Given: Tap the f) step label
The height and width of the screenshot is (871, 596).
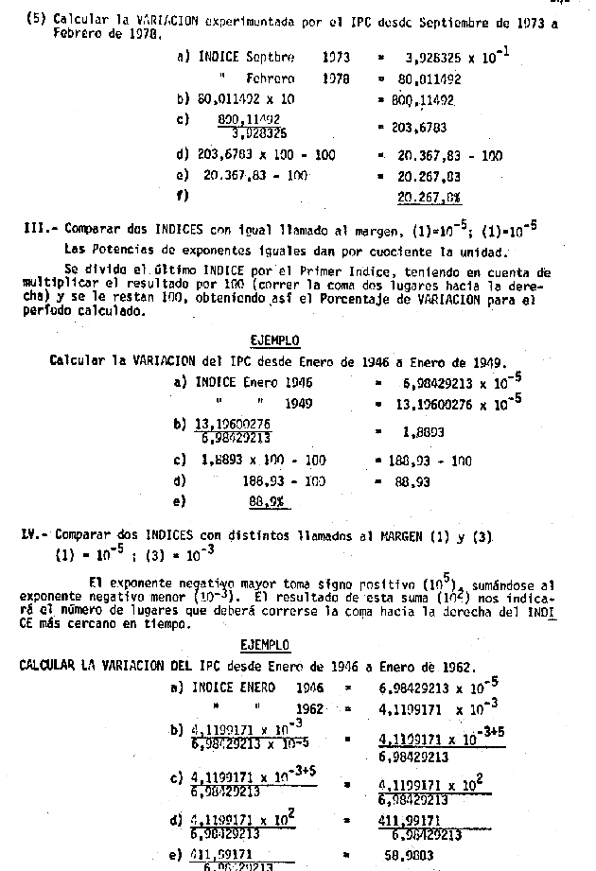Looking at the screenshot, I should pos(183,197).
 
